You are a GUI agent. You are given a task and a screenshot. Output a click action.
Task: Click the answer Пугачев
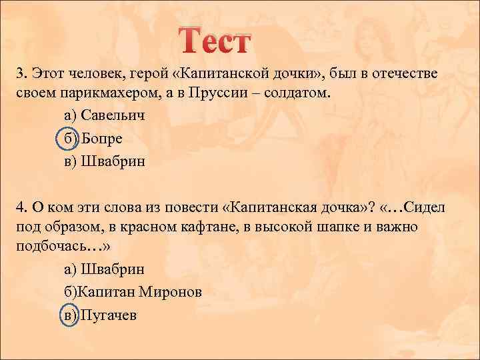pyautogui.click(x=109, y=315)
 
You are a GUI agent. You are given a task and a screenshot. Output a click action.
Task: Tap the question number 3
pyautogui.click(x=20, y=73)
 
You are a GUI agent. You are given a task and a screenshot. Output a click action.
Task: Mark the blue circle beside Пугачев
pyautogui.click(x=69, y=315)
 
